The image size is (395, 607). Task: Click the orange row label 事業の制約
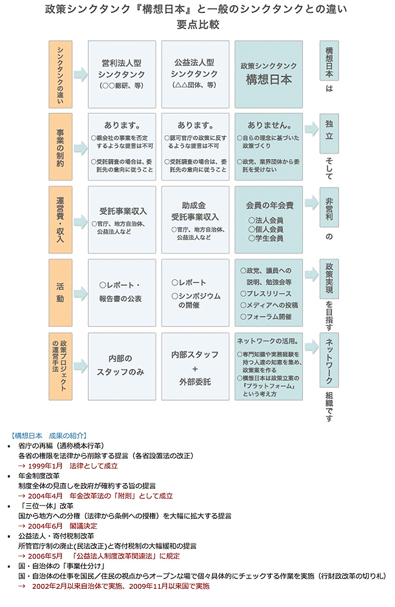click(61, 147)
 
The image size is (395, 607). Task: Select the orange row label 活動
click(61, 293)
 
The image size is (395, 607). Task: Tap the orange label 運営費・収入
click(61, 220)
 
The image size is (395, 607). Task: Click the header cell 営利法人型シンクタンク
click(122, 74)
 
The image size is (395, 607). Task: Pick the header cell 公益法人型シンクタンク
click(195, 74)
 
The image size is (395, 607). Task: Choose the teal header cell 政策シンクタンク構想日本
click(269, 74)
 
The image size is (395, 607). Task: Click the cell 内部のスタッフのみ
click(122, 366)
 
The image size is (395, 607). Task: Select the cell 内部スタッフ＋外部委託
click(195, 366)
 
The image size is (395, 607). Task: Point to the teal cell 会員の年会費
click(269, 220)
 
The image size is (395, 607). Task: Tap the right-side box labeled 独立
click(329, 133)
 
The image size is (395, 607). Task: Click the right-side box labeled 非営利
click(329, 207)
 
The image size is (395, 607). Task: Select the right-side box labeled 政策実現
click(329, 279)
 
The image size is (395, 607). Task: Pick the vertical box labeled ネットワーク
click(329, 359)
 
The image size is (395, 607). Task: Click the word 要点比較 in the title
click(197, 25)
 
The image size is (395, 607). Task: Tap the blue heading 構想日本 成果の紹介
click(49, 435)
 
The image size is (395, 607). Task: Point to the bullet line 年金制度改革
click(39, 476)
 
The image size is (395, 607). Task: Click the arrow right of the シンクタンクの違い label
click(81, 74)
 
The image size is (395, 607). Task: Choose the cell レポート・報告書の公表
click(122, 293)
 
